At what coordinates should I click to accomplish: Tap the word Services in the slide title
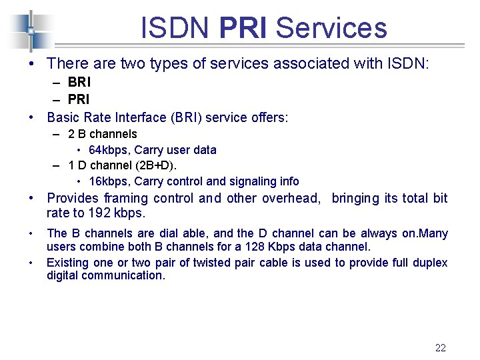pyautogui.click(x=331, y=28)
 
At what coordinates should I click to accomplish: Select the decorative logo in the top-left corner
pyautogui.click(x=29, y=31)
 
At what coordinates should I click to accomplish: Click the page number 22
pyautogui.click(x=440, y=347)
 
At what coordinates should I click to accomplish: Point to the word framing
pyautogui.click(x=127, y=198)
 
